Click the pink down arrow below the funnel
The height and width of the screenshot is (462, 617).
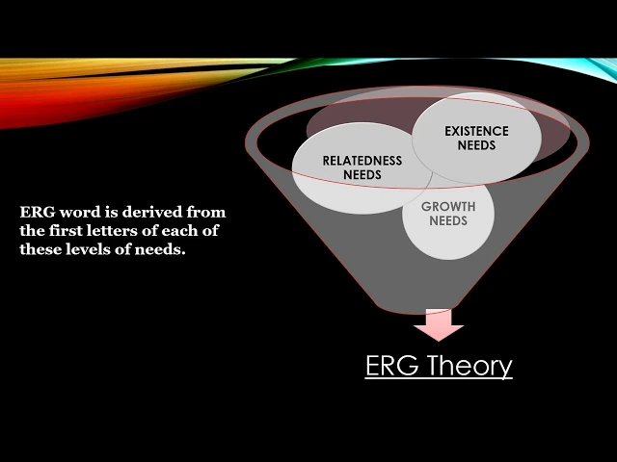[439, 325]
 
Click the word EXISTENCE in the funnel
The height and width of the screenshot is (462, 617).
[475, 131]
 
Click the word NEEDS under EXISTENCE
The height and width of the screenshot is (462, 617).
[475, 145]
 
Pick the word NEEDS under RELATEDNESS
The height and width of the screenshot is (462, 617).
[362, 175]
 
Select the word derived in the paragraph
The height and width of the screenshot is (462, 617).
[147, 212]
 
